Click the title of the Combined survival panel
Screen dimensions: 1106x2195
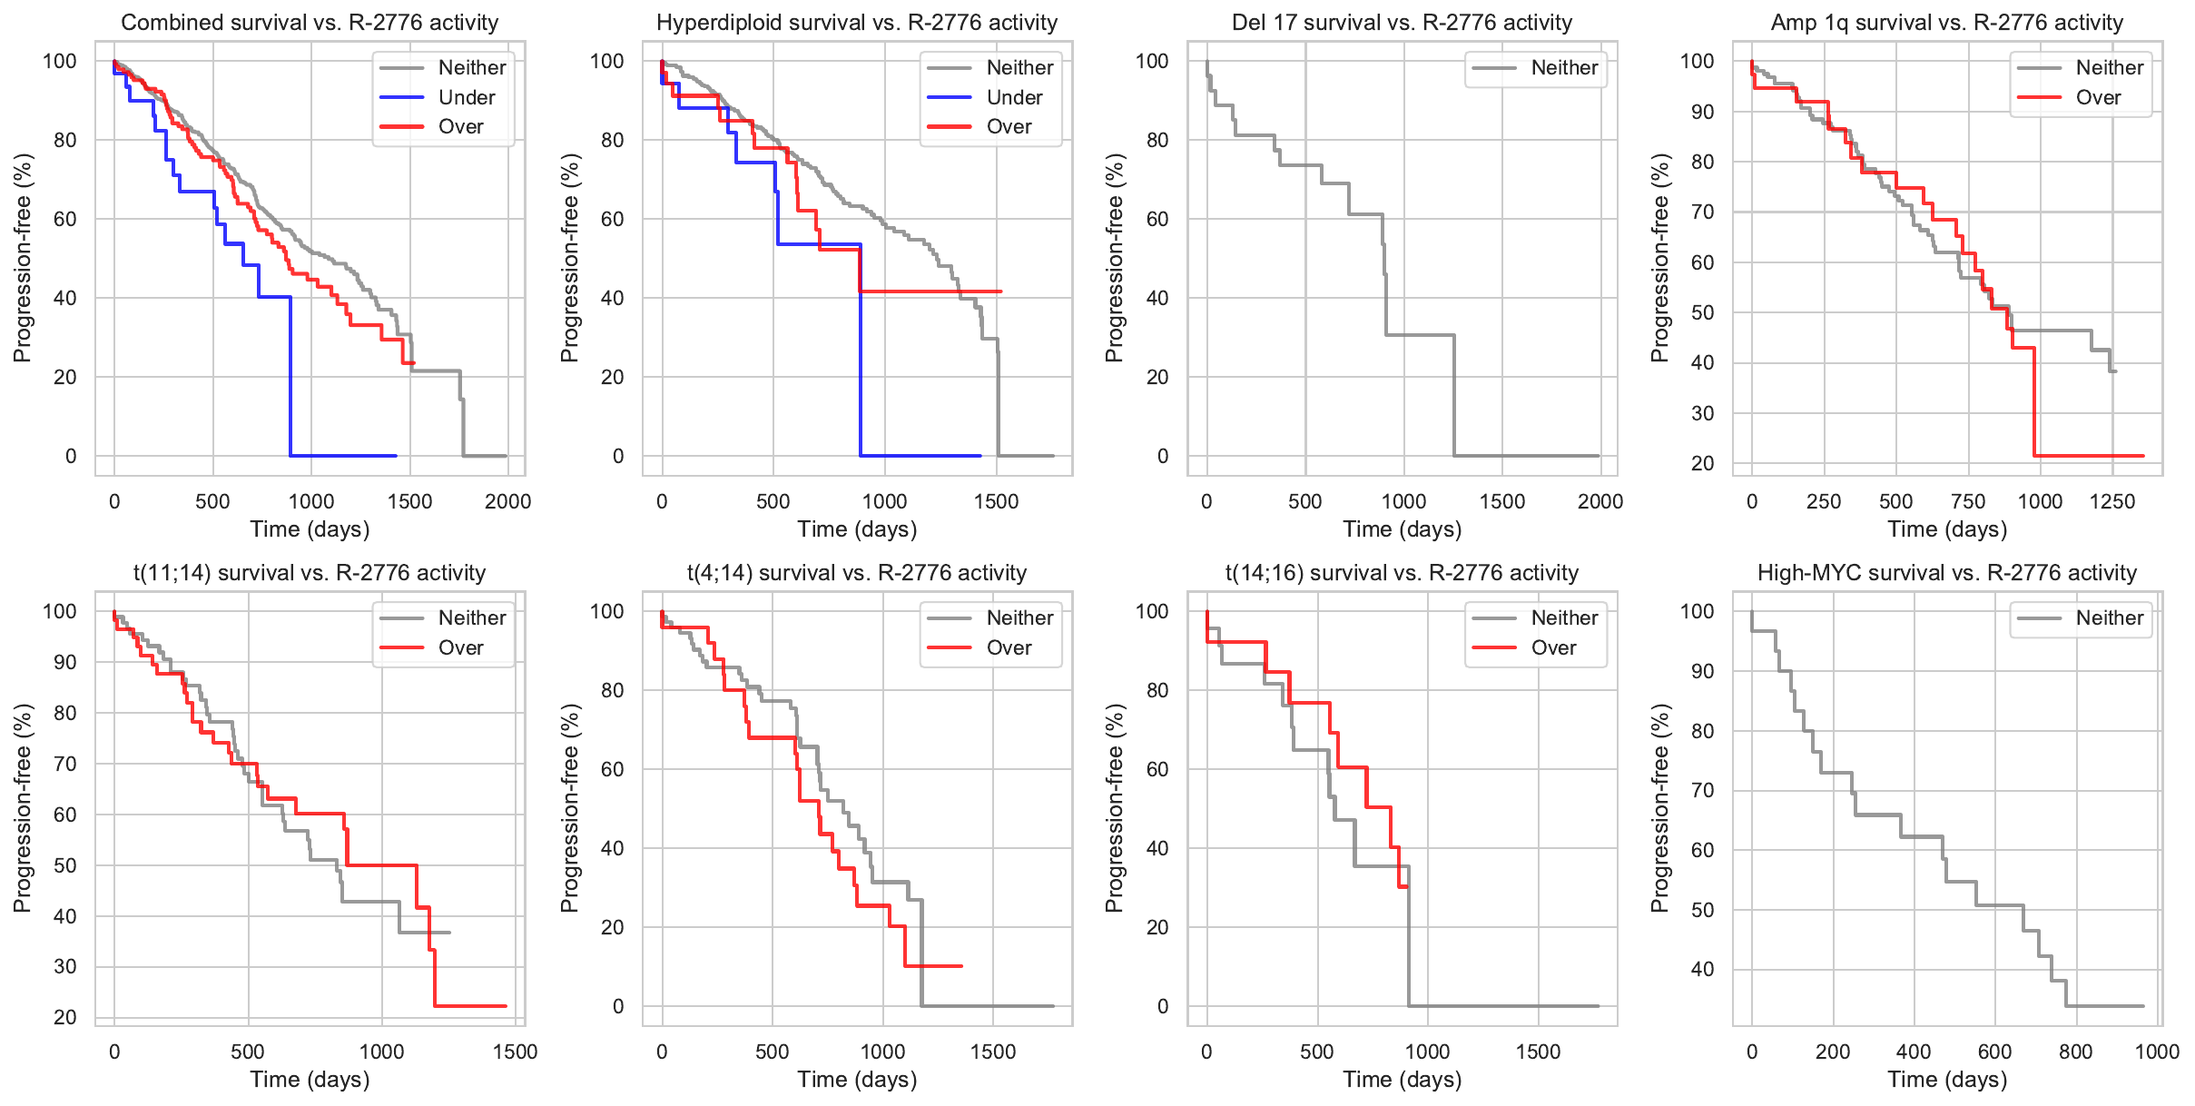tap(310, 23)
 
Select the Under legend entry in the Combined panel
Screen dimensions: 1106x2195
tap(466, 97)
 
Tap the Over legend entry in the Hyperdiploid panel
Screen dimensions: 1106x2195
tap(1009, 127)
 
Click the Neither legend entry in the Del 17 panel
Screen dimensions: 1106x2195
tap(1564, 68)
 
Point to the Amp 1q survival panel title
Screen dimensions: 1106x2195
tap(1947, 23)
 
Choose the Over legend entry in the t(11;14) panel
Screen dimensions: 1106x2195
tap(460, 648)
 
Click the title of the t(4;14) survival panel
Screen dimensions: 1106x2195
tap(857, 573)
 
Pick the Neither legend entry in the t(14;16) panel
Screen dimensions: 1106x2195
tap(1564, 618)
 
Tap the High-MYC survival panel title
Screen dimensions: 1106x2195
tap(1947, 573)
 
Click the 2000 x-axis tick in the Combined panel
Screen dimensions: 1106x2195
tap(507, 501)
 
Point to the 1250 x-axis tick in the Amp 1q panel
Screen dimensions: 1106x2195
tap(2112, 501)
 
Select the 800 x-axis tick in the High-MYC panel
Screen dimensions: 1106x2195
tap(2076, 1052)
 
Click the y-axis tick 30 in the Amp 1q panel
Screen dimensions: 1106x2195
tap(1702, 413)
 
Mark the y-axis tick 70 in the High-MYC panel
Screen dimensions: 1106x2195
tap(1702, 790)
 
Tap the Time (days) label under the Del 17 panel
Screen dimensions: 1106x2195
tap(1403, 529)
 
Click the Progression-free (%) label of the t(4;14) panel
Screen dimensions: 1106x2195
tap(570, 808)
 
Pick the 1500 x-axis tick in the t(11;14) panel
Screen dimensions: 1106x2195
tap(516, 1052)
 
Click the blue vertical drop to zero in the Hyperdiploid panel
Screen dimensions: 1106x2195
tap(860, 363)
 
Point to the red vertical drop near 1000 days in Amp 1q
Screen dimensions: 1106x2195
tap(2034, 400)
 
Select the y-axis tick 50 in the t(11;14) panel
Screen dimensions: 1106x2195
tap(65, 865)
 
